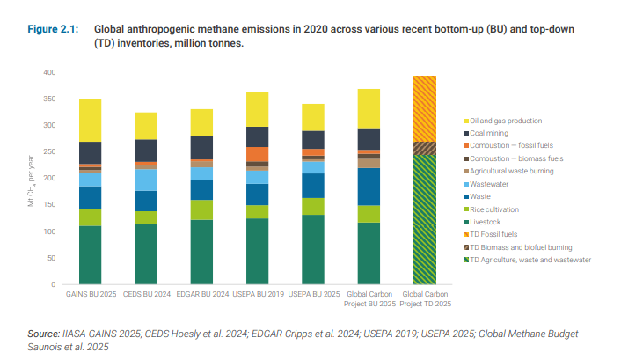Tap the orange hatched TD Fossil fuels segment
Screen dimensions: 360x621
pyautogui.click(x=425, y=108)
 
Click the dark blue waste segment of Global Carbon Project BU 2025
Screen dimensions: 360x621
pyautogui.click(x=369, y=187)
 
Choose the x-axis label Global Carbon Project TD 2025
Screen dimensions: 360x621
pyautogui.click(x=425, y=298)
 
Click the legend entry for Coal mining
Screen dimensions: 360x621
pyautogui.click(x=493, y=133)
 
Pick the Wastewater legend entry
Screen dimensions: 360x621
pyautogui.click(x=492, y=184)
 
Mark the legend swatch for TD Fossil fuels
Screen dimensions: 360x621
pyautogui.click(x=465, y=235)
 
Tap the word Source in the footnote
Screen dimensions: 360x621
pyautogui.click(x=43, y=334)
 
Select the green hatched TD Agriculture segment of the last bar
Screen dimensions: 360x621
pyautogui.click(x=425, y=219)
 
